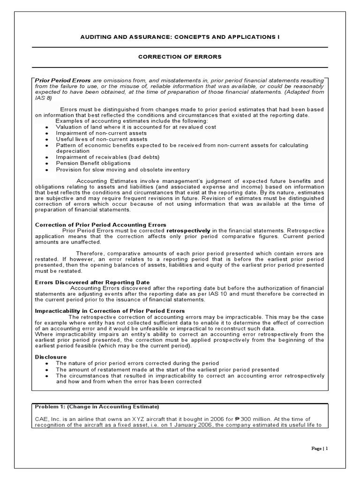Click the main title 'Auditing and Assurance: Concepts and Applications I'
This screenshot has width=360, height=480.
(x=180, y=37)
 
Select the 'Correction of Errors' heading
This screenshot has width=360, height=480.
(x=180, y=57)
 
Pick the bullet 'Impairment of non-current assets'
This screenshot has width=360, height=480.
(x=101, y=133)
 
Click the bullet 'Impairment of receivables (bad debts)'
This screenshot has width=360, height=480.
(x=108, y=157)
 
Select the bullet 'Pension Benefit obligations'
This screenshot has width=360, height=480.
(x=93, y=163)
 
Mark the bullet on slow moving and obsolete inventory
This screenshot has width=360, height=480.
(x=123, y=169)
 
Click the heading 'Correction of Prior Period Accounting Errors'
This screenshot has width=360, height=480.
(x=101, y=225)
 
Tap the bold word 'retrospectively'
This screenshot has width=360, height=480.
(x=187, y=231)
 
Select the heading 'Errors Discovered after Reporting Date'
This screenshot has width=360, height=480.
(x=92, y=282)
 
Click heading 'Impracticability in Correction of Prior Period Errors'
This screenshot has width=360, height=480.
(x=110, y=311)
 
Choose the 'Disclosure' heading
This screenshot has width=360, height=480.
(x=51, y=357)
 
